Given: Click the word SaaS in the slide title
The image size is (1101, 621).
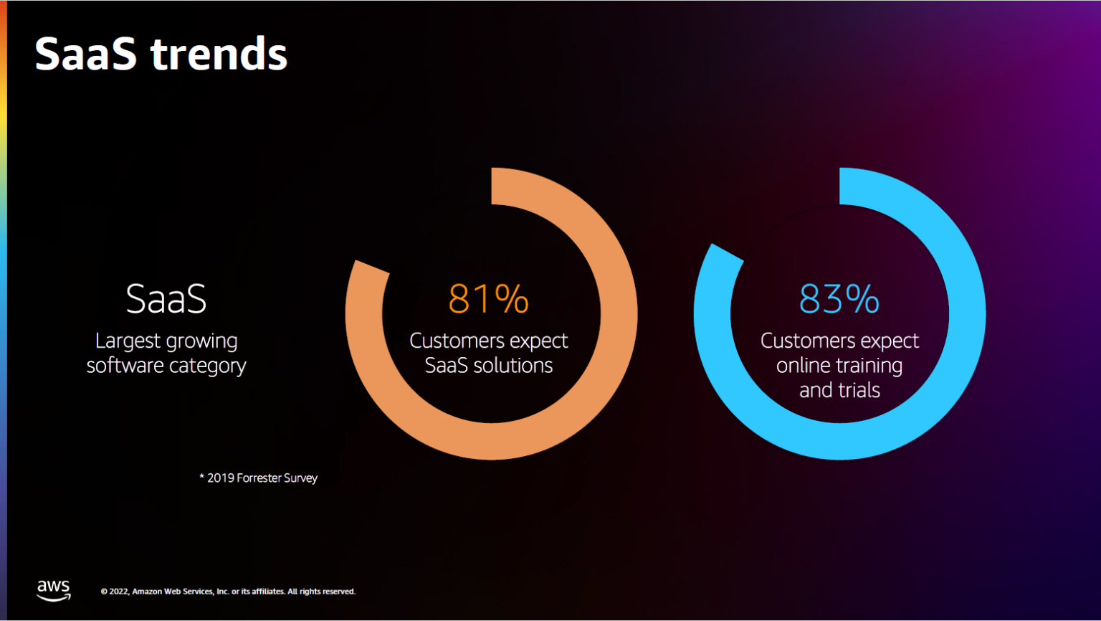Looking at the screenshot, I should coord(85,54).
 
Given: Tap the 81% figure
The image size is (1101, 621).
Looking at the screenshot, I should coord(488,299).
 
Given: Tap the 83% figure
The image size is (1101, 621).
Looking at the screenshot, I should coord(839,299).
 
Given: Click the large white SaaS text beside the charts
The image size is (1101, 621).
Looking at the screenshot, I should coord(166,299).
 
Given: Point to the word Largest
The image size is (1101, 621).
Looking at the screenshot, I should coord(124,342).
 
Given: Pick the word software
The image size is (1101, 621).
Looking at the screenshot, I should coord(125,366).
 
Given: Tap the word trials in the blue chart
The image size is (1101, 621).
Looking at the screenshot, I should coord(859,390).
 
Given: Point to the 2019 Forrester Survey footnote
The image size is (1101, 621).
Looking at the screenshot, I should coord(259,478).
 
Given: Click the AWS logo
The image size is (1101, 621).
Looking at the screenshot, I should coord(54,590).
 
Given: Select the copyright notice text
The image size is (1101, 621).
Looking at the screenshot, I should coord(228,592).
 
